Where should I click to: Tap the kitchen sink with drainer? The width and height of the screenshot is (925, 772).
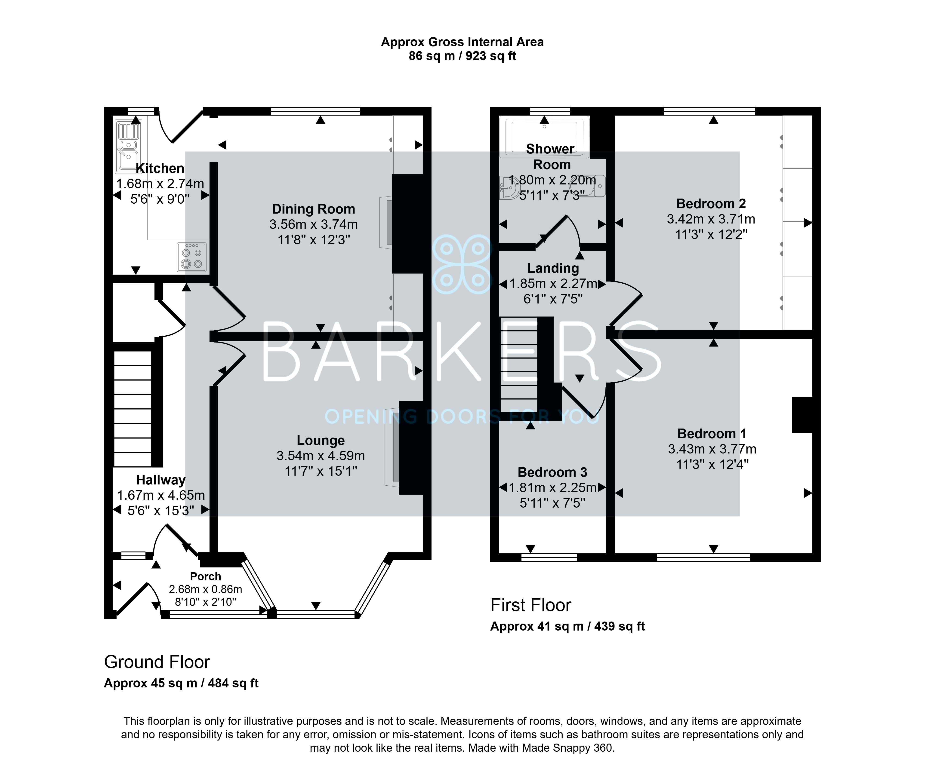tap(128, 147)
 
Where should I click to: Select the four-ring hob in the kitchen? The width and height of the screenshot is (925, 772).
tap(192, 257)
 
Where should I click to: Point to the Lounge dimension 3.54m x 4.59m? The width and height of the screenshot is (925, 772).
tap(321, 456)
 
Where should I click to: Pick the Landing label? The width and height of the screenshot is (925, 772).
tap(553, 268)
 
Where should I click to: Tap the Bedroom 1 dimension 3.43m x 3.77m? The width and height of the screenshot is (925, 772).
tap(712, 449)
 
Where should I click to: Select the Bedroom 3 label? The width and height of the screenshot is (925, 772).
tap(552, 472)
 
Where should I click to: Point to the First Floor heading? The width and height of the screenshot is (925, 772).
tap(531, 605)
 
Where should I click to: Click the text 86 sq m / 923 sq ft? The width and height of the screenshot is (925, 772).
tap(462, 56)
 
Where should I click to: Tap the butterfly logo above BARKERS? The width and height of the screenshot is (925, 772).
tap(462, 264)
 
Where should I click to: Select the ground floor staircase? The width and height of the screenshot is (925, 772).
tap(133, 408)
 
